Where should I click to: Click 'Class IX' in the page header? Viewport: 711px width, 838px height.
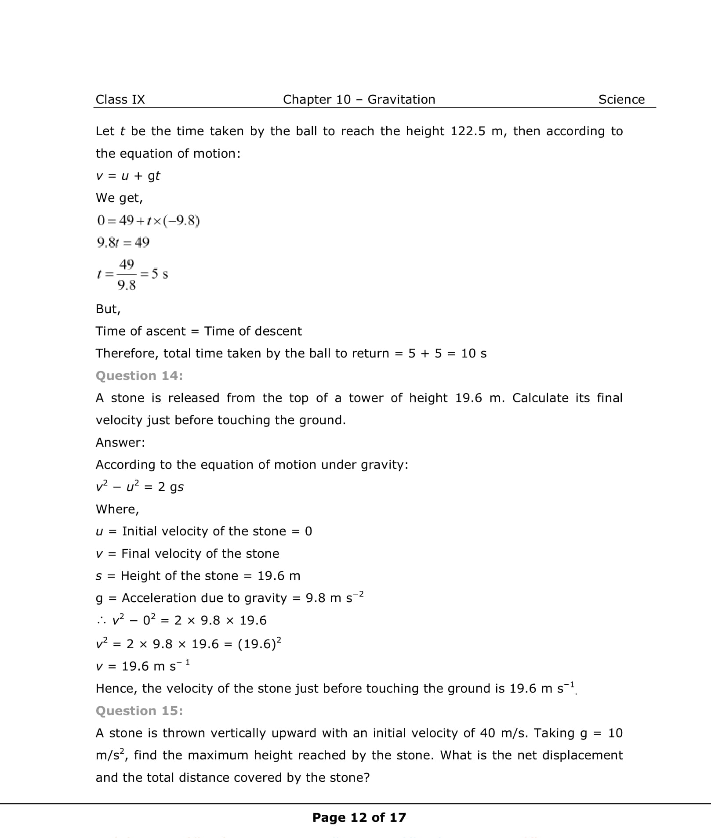tap(120, 100)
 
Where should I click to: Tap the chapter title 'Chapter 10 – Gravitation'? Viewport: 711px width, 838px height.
tap(359, 100)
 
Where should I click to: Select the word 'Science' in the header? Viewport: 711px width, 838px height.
tap(621, 100)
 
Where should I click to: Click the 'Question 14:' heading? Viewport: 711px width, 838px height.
tap(139, 376)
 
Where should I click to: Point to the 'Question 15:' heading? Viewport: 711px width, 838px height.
tap(139, 711)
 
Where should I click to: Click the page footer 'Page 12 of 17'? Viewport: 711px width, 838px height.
tap(359, 817)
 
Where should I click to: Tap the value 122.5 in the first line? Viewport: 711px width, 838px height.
tap(468, 131)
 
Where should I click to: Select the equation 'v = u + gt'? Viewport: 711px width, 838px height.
tap(128, 176)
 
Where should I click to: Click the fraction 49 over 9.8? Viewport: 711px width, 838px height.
tap(127, 275)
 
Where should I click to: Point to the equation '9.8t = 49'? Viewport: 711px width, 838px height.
tap(123, 242)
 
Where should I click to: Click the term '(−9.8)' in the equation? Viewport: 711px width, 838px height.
tap(181, 220)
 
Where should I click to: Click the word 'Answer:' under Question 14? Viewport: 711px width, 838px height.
tap(120, 443)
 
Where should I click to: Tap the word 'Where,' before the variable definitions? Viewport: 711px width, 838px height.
tap(117, 509)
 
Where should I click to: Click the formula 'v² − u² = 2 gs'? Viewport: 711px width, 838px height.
tap(140, 487)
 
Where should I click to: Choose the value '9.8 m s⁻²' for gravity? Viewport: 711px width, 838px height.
tap(334, 598)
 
